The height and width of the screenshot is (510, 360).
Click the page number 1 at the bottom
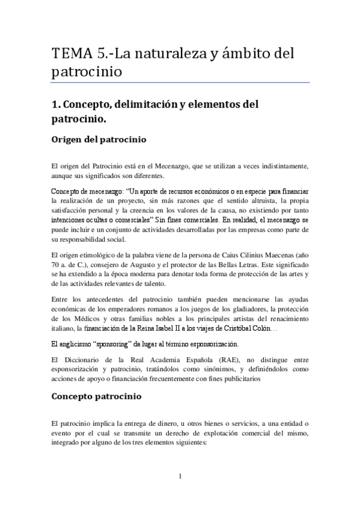pyautogui.click(x=180, y=477)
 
